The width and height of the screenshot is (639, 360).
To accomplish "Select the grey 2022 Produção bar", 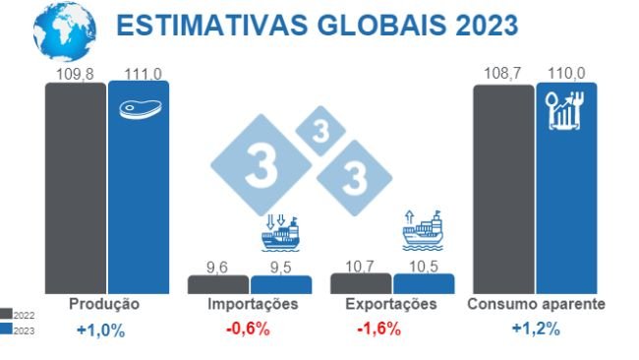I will click(x=75, y=187).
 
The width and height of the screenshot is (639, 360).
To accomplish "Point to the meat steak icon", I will click(x=139, y=107).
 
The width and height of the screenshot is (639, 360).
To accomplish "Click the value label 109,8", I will click(x=75, y=74).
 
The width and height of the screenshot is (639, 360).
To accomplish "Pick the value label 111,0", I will click(x=139, y=74).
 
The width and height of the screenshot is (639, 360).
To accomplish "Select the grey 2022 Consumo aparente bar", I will click(x=503, y=187).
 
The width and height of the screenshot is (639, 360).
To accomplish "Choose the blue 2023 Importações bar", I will click(x=280, y=284).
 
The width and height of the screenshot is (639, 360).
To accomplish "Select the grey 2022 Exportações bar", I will click(x=360, y=283).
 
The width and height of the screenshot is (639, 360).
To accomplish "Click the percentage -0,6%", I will click(x=248, y=329).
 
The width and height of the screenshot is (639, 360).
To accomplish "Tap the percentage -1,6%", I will click(x=378, y=329).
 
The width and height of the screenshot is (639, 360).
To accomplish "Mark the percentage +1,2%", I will click(x=536, y=329).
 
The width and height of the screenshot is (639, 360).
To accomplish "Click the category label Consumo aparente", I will click(x=536, y=305).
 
